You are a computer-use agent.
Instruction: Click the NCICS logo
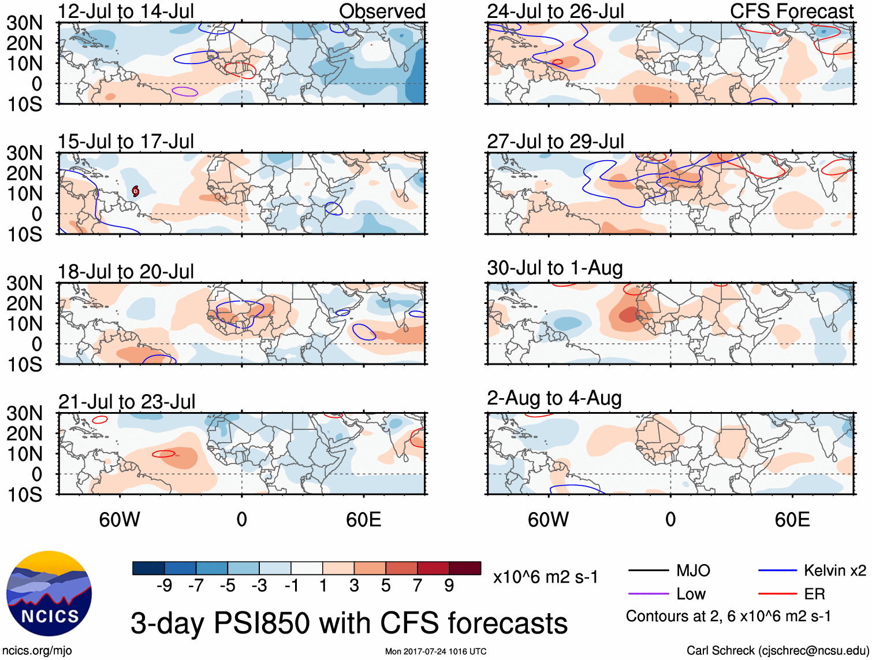point(49,594)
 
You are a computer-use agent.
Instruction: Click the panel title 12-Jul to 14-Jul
point(125,11)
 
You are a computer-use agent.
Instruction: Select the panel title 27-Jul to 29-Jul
point(555,141)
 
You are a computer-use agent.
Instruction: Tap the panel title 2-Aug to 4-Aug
point(554,398)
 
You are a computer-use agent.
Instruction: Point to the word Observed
point(382,11)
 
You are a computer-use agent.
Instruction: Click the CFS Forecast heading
point(791,11)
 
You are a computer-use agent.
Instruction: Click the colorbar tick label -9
point(164,585)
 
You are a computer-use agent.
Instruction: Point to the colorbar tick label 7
point(418,585)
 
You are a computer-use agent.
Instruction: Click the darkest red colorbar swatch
point(465,568)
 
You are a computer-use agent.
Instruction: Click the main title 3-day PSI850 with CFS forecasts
point(349,623)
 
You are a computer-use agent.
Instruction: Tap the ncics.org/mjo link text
point(37,651)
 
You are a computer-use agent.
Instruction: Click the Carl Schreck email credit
point(777,651)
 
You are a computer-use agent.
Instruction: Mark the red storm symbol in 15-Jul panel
point(135,191)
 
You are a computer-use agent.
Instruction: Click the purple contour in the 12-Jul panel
point(185,91)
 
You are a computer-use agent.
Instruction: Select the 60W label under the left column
point(120,520)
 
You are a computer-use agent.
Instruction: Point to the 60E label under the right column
point(792,520)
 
